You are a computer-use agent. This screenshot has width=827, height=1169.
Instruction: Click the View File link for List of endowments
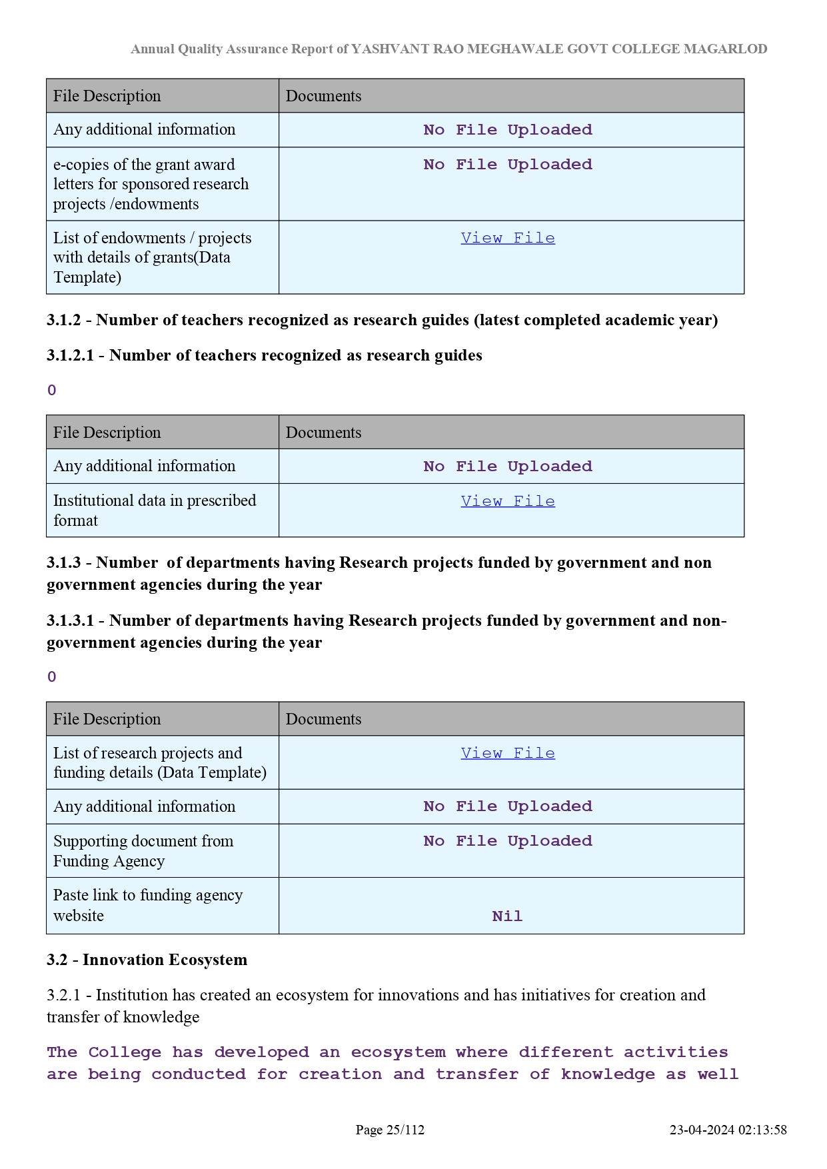(x=507, y=238)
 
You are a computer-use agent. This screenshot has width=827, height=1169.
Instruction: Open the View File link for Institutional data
(x=507, y=501)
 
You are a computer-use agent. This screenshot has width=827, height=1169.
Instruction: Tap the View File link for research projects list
(x=507, y=753)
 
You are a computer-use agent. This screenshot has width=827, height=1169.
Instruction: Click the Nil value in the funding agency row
(x=507, y=916)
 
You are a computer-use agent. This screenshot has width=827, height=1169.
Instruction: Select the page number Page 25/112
(x=390, y=1130)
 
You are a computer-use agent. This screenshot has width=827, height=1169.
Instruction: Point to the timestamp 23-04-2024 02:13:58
(x=728, y=1130)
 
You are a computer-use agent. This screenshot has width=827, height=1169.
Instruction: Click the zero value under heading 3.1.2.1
(x=52, y=391)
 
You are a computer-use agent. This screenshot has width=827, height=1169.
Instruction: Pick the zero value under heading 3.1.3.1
(x=52, y=677)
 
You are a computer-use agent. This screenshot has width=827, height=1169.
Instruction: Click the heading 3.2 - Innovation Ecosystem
(x=147, y=960)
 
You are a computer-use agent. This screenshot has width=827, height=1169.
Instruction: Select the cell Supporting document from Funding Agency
(x=143, y=851)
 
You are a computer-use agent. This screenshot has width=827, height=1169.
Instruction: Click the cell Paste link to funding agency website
(x=148, y=905)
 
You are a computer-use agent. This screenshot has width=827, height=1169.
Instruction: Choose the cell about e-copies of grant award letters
(x=151, y=184)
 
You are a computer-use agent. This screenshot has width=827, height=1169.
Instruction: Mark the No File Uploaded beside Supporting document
(x=507, y=841)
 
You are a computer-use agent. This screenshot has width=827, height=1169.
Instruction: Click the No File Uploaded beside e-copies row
(x=507, y=165)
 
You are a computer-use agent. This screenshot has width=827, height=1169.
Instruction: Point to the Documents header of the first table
(x=323, y=96)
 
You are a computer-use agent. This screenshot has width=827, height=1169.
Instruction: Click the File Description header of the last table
(x=107, y=719)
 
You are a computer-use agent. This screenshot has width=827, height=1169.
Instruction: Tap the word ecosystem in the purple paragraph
(x=398, y=1052)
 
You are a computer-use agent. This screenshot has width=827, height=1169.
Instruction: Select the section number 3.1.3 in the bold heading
(x=63, y=563)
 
